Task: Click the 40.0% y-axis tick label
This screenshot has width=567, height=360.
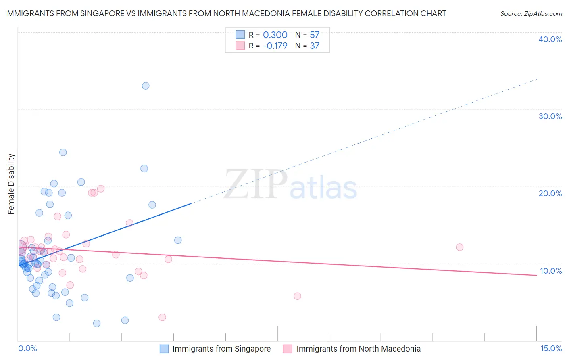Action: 550,39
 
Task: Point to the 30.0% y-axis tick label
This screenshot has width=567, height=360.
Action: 550,116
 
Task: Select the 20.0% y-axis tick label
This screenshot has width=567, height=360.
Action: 550,193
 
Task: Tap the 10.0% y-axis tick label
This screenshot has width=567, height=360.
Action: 550,271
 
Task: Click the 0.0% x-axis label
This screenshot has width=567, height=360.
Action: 27,348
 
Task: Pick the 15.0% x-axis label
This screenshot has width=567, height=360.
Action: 551,348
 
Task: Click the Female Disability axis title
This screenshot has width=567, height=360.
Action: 11,184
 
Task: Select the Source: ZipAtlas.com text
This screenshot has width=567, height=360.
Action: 531,14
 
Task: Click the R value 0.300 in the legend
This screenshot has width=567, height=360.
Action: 275,35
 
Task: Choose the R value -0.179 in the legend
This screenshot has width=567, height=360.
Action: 275,46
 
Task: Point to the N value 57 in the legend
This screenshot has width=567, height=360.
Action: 315,35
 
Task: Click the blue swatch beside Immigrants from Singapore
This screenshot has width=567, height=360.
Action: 164,349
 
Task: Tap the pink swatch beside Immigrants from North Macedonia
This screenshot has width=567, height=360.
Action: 288,349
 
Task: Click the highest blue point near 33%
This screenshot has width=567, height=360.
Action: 146,86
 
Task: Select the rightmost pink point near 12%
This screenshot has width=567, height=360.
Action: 459,247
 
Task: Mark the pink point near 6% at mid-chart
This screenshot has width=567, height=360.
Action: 297,296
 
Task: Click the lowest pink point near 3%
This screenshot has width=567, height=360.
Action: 162,317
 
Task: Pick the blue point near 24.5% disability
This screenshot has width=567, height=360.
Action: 63,152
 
